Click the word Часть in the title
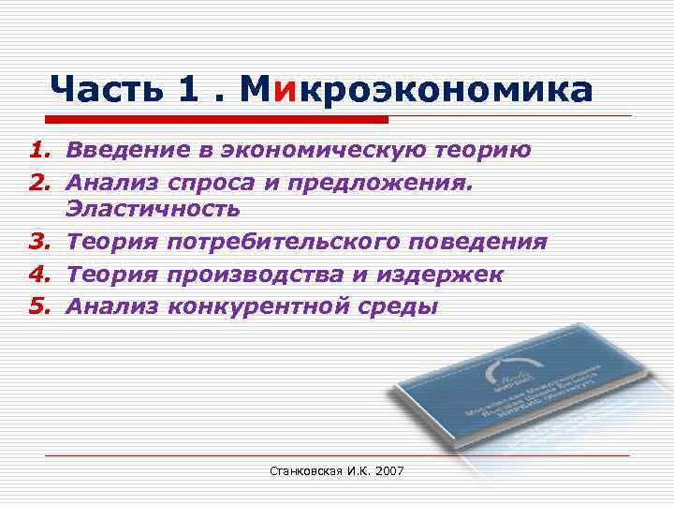105,90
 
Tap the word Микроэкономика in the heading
416,90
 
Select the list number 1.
38,150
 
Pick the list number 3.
38,243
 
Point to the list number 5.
38,305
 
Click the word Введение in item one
123,150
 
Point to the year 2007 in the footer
388,469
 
